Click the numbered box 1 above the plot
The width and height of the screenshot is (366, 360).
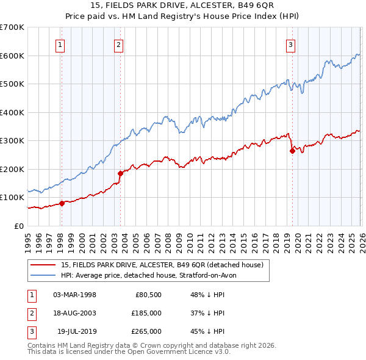click(x=61, y=44)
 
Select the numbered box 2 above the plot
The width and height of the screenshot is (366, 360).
click(x=118, y=44)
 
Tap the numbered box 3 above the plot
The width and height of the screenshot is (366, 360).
click(x=291, y=44)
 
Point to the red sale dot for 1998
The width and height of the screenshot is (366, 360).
click(x=62, y=203)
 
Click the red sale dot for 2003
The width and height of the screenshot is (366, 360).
click(x=120, y=173)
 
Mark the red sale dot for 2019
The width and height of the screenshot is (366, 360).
click(x=292, y=151)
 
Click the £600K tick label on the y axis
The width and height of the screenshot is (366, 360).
click(x=12, y=56)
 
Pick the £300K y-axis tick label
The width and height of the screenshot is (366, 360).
click(x=12, y=141)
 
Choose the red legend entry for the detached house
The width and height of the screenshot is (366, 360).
click(x=162, y=265)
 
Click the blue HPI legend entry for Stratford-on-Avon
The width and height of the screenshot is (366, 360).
click(x=152, y=275)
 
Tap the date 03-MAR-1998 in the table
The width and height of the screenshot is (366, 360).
click(x=74, y=295)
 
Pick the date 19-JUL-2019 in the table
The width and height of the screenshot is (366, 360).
click(x=77, y=331)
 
